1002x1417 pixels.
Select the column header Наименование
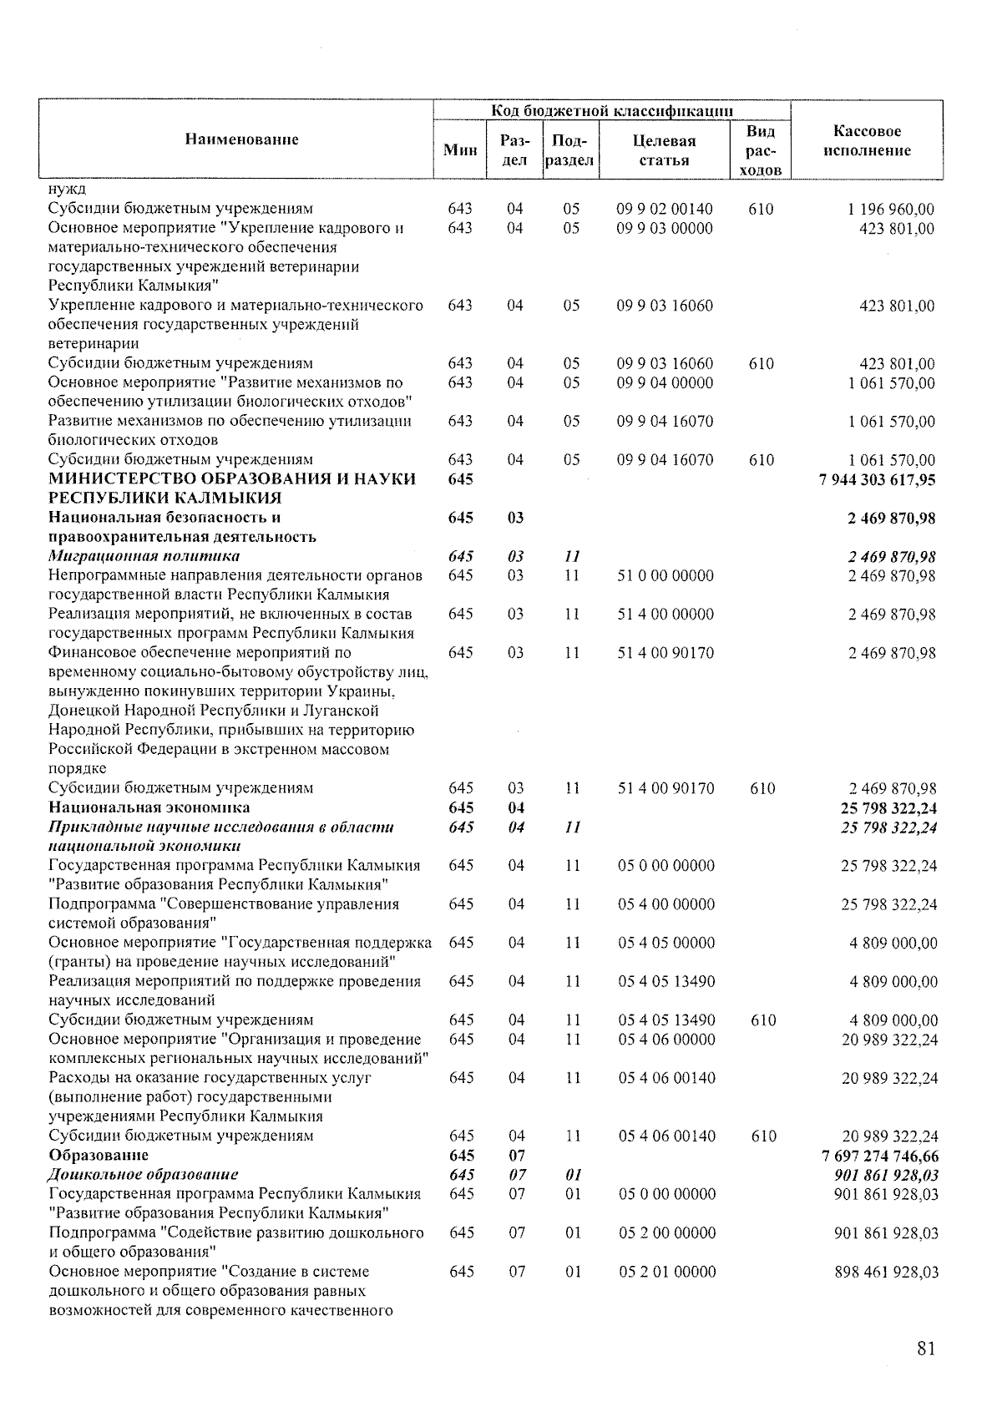(241, 139)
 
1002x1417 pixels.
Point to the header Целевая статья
(664, 150)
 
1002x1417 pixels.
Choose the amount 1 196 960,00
(891, 210)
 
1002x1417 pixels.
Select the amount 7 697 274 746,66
(880, 1156)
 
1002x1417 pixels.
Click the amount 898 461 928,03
(886, 1273)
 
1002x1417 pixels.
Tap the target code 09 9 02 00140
(665, 210)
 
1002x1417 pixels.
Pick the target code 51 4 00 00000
(665, 615)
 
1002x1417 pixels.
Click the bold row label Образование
(99, 1156)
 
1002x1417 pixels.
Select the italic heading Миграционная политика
(144, 556)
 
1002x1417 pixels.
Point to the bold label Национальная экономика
(149, 807)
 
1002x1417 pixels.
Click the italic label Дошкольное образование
(143, 1175)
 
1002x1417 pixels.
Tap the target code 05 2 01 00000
(666, 1273)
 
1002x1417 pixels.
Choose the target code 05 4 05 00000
(666, 943)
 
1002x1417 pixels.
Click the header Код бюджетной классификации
(611, 110)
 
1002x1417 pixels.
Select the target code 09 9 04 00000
(665, 383)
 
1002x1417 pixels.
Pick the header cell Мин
(460, 150)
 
